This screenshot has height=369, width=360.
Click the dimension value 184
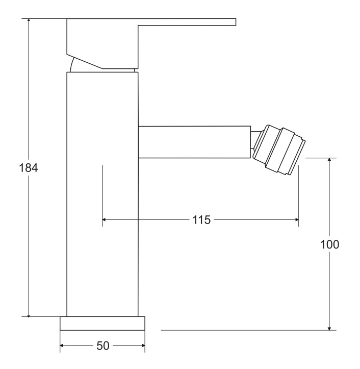tap(28, 168)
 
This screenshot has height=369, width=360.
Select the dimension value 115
tap(201, 220)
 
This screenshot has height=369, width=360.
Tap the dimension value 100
tap(330, 244)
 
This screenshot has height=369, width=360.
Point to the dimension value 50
tap(103, 346)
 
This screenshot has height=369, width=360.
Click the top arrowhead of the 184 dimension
tap(29, 21)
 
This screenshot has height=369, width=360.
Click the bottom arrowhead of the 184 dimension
tap(29, 314)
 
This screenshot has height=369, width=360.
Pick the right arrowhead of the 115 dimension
tap(296, 220)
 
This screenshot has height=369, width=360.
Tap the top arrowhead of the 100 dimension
tap(329, 161)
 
